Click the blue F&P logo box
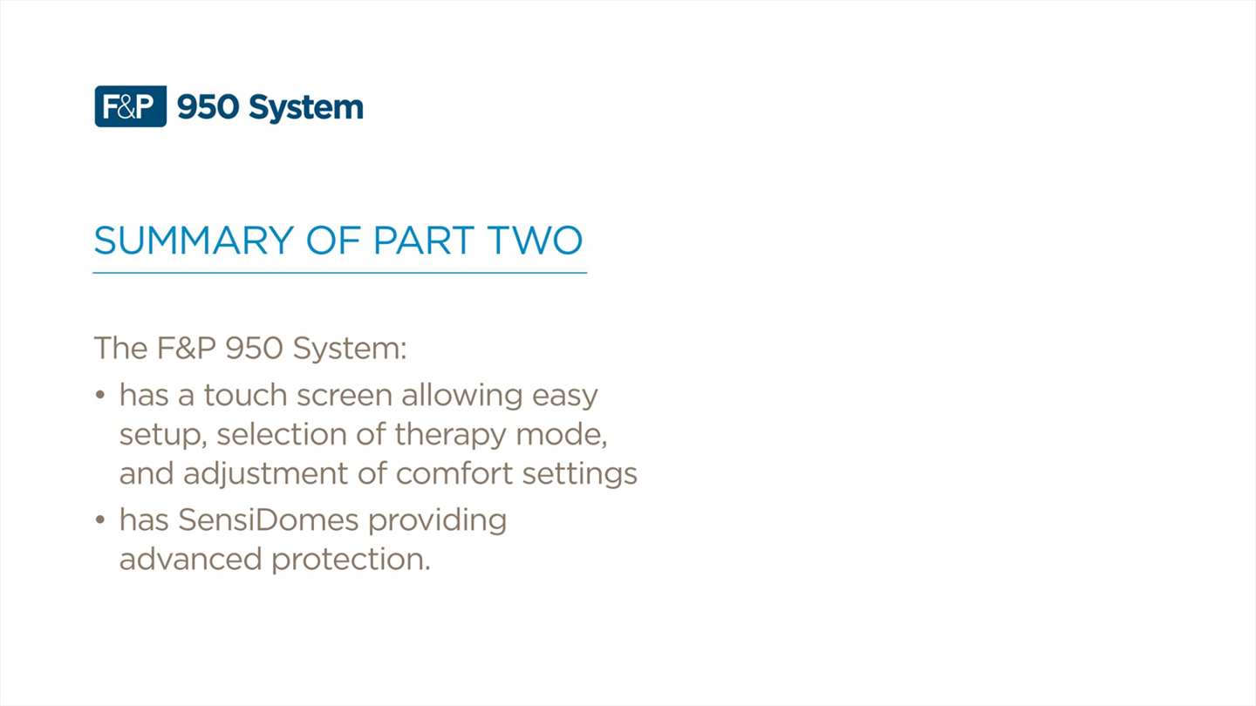(x=131, y=106)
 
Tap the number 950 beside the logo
(x=208, y=107)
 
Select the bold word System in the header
(x=306, y=108)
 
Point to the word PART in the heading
(x=424, y=241)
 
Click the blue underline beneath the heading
(x=340, y=273)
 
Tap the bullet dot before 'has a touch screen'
(x=100, y=395)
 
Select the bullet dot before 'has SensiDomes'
(x=100, y=520)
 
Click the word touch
(x=246, y=395)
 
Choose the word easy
(x=564, y=397)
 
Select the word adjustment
(x=265, y=474)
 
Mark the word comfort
(x=454, y=473)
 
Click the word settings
(x=580, y=474)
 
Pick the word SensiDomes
(x=268, y=520)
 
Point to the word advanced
(x=191, y=560)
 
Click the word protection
(x=351, y=560)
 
